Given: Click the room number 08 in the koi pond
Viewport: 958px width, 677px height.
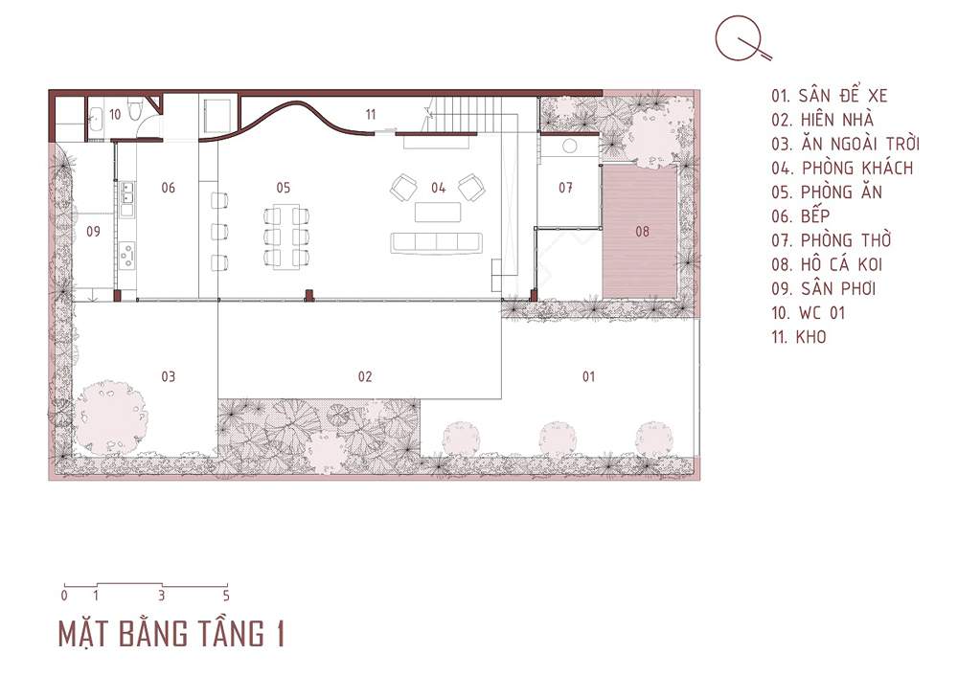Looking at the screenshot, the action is pyautogui.click(x=642, y=231).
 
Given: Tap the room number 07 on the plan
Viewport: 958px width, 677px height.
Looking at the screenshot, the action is pyautogui.click(x=566, y=188).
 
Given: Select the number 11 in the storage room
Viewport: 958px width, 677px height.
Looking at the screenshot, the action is pyautogui.click(x=371, y=114).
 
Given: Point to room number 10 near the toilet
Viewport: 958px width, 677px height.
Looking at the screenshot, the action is pyautogui.click(x=115, y=114).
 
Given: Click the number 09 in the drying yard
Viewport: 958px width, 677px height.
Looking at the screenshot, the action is pyautogui.click(x=93, y=231).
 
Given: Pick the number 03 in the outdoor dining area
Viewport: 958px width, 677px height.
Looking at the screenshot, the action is pyautogui.click(x=168, y=376).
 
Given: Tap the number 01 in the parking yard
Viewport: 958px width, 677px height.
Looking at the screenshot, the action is pyautogui.click(x=588, y=376).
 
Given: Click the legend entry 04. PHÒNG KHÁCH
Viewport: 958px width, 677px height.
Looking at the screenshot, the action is pyautogui.click(x=842, y=168).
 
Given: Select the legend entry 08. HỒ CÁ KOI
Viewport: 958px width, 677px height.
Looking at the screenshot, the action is pyautogui.click(x=827, y=264).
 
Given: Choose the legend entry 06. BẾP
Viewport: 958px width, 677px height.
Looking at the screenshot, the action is pyautogui.click(x=800, y=215).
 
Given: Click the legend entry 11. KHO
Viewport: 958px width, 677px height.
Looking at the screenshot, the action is pyautogui.click(x=799, y=336).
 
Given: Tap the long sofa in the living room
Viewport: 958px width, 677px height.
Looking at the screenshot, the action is pyautogui.click(x=436, y=242).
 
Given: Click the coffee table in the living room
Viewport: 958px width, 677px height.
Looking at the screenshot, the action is pyautogui.click(x=438, y=212).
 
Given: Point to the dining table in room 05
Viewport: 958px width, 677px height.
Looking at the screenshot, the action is pyautogui.click(x=285, y=235).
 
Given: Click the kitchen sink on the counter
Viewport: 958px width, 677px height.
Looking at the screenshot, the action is pyautogui.click(x=127, y=192).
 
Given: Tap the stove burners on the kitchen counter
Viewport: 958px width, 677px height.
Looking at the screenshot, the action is pyautogui.click(x=127, y=255).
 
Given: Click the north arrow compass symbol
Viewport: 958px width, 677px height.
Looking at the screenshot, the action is pyautogui.click(x=742, y=39).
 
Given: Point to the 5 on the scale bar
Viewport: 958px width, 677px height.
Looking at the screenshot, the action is pyautogui.click(x=226, y=596).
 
